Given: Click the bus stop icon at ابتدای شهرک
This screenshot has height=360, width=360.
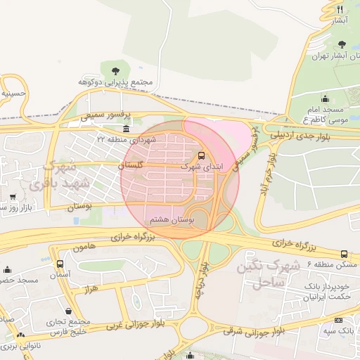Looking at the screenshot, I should [x=202, y=155].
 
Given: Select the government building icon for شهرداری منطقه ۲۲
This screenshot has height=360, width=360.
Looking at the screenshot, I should [x=126, y=129].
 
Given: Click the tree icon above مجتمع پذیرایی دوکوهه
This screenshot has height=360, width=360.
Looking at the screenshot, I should [x=115, y=70].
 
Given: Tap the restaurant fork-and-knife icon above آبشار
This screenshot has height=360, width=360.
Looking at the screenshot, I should [x=340, y=9].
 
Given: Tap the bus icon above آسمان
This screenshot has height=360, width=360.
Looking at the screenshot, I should [x=60, y=264].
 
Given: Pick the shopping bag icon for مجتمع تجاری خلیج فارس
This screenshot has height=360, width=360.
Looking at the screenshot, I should [x=68, y=311].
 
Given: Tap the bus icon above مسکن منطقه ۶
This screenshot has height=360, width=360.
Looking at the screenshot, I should [x=344, y=254].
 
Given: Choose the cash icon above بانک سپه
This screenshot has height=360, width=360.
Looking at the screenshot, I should [x=338, y=320].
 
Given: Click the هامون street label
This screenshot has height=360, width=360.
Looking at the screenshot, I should [x=83, y=248].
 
